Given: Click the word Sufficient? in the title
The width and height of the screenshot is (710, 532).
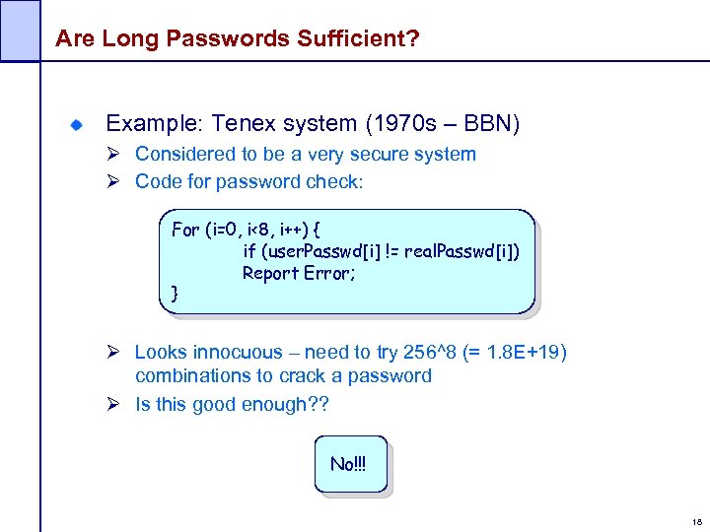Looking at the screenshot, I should coord(355,39).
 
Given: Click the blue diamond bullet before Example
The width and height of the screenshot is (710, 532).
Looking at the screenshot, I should coord(75,125).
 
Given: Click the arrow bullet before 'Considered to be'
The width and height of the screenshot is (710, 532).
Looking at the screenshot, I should coord(115,155).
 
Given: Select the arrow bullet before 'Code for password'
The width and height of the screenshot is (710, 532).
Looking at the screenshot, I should coord(115,182).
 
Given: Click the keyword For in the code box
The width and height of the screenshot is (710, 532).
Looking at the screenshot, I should coord(185,230).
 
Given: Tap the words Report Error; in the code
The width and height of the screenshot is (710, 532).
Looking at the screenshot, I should coord(299,274).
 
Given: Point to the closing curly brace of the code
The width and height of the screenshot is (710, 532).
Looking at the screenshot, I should coord(176,293).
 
